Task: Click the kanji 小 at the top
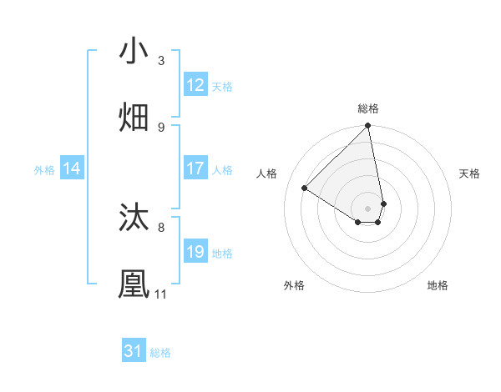134,52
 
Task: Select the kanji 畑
134,118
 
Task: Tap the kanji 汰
134,218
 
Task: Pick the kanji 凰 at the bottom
134,284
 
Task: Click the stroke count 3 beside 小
161,61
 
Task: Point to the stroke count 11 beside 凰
160,294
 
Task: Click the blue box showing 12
195,85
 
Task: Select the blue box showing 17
195,168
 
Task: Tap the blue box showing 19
195,252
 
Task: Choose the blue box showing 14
72,168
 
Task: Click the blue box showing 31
134,351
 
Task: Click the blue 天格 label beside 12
222,86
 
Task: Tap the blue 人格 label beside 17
222,169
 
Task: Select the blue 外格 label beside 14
44,169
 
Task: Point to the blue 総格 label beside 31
160,352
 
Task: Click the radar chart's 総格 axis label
368,108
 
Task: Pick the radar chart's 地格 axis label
438,285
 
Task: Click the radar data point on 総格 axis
368,127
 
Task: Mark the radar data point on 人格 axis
305,188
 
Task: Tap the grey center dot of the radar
368,208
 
